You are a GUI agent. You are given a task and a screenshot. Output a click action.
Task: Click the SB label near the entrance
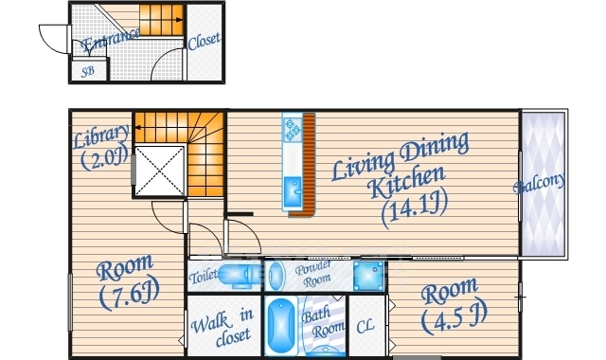(x=88, y=72)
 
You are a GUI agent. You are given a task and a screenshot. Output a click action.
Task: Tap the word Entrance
(x=110, y=41)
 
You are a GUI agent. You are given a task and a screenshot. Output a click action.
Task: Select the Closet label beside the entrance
(x=205, y=41)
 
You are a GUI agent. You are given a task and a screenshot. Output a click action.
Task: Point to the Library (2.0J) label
(x=101, y=148)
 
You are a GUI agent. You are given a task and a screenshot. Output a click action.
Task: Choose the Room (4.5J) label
(x=453, y=305)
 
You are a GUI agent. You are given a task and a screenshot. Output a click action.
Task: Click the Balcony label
(x=539, y=183)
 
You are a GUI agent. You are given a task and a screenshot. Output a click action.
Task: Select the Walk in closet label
(x=223, y=328)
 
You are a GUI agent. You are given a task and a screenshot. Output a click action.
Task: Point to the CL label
(x=365, y=327)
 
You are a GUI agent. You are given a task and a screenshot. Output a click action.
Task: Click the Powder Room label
(x=313, y=274)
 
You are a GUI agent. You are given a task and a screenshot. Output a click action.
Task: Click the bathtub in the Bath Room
(x=281, y=327)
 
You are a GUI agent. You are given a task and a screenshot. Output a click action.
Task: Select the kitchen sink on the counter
(x=294, y=191)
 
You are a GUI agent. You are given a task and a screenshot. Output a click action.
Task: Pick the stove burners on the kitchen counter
(x=293, y=130)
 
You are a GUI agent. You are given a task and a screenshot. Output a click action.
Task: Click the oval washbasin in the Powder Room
(x=276, y=276)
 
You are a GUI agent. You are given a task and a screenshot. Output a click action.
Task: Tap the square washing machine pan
(x=368, y=276)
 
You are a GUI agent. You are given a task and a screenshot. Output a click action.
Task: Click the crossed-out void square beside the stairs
(x=159, y=171)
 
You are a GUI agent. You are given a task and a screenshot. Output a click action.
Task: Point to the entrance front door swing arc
(x=50, y=37)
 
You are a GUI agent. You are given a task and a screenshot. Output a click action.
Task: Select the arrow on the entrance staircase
(x=161, y=20)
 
